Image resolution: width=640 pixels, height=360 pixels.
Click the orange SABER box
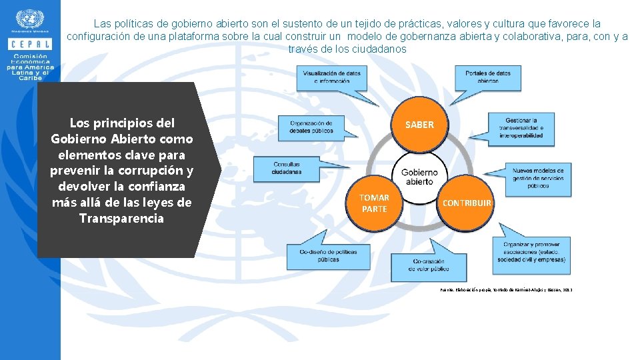pos(419,125)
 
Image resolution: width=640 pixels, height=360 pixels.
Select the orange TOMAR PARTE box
pos(374,203)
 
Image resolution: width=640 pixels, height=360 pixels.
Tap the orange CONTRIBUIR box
pos(467,203)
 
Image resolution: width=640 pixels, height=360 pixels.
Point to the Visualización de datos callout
pos(332,77)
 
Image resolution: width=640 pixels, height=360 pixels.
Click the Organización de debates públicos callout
pos(311,127)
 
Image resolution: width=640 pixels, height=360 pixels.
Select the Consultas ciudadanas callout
pos(286,168)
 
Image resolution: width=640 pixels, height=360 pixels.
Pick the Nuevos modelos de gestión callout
pos(537,178)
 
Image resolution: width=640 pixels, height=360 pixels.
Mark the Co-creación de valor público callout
pos(425,265)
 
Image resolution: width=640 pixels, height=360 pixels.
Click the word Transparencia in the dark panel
pos(121,218)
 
